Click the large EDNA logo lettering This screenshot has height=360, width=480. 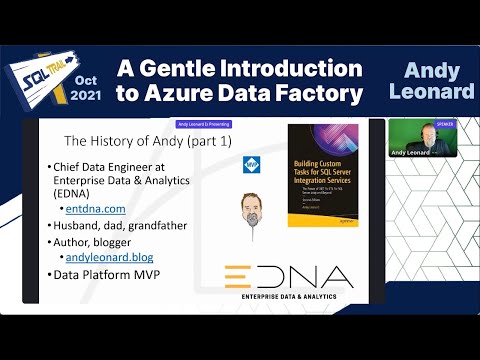[x=288, y=275]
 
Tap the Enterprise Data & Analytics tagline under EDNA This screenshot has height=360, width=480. [x=288, y=297]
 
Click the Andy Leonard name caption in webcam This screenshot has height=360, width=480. [x=412, y=153]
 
